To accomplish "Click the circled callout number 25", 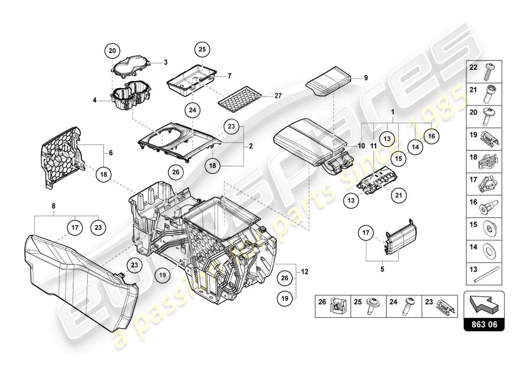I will pyautogui.click(x=202, y=49).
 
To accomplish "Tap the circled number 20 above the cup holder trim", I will pyautogui.click(x=112, y=51).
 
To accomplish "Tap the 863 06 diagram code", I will pyautogui.click(x=485, y=323).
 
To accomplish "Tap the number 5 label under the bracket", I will pyautogui.click(x=381, y=269).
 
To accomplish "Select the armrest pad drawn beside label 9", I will pyautogui.click(x=330, y=82).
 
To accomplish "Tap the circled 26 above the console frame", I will pyautogui.click(x=175, y=172).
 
